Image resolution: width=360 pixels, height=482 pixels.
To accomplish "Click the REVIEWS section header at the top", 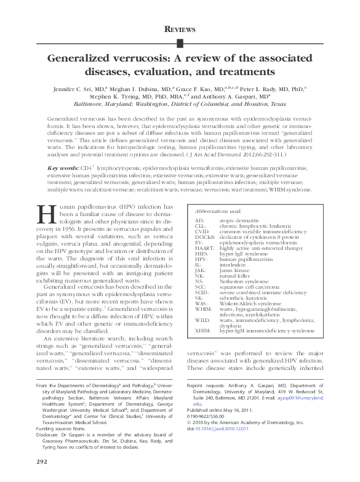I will pos(180,29).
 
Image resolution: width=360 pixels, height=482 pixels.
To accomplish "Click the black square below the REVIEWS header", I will pos(180,42).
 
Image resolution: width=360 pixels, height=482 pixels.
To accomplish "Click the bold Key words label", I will pos(63,150).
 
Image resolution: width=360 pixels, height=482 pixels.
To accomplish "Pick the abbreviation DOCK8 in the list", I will pos(204,220).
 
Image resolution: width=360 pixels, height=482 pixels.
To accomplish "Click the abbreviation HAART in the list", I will pos(204,231).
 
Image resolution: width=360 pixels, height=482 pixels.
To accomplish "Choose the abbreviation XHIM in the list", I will pos(202,331).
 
